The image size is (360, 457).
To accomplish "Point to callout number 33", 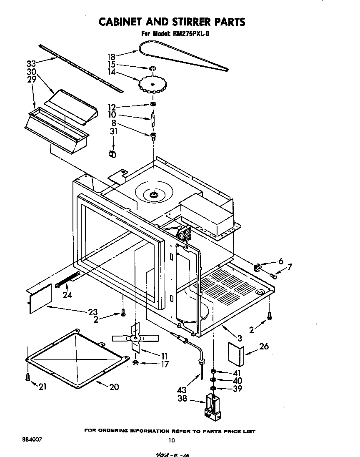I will tap(31, 63).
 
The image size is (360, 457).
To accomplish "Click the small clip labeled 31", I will tap(111, 154).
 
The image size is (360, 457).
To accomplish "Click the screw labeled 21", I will tap(27, 377).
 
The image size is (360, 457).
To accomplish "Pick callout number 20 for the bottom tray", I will tap(114, 387).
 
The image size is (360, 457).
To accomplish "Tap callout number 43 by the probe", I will tap(182, 390).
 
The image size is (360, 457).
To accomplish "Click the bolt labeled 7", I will tap(274, 275).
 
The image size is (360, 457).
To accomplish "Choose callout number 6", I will tap(281, 261).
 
